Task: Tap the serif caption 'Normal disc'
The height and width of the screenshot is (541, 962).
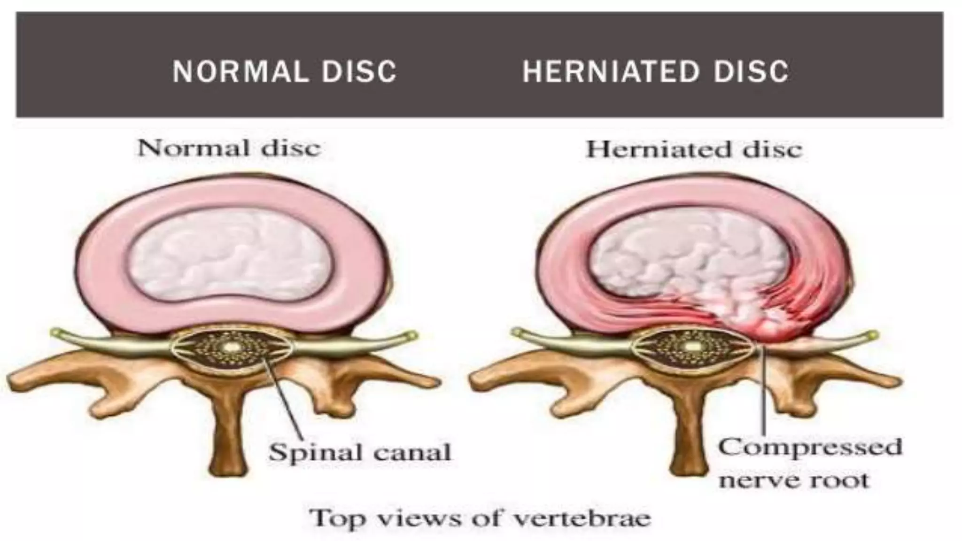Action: (229, 148)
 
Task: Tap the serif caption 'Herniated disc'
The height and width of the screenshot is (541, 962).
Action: (694, 149)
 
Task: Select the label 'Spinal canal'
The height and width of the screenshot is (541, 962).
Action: (359, 452)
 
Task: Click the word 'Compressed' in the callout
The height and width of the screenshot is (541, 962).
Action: (810, 446)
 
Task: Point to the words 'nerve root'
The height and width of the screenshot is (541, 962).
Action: (794, 480)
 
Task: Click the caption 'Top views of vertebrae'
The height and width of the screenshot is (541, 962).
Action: (480, 518)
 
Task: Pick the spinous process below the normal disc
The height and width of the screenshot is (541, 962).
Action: (230, 432)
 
